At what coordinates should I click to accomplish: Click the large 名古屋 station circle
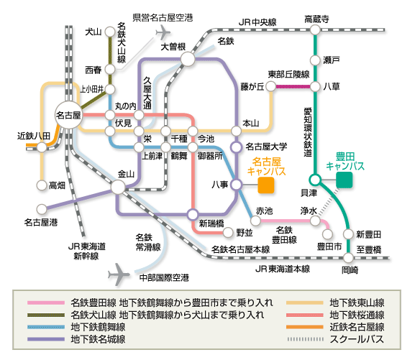click(68, 115)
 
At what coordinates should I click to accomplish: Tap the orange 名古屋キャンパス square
click(266, 185)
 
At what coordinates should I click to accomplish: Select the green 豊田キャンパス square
click(344, 180)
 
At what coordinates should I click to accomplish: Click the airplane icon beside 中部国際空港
click(119, 274)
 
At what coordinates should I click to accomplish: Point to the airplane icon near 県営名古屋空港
click(163, 32)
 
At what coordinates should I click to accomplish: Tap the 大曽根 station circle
click(188, 59)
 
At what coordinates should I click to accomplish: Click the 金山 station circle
click(118, 187)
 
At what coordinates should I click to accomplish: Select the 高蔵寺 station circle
click(315, 29)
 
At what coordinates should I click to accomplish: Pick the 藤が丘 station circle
click(270, 86)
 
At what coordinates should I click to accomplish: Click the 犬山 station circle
click(110, 32)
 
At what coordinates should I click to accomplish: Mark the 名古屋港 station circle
click(42, 209)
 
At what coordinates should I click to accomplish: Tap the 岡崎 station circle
click(348, 257)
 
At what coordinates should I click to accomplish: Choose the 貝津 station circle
click(315, 180)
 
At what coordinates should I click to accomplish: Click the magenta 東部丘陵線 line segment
click(293, 86)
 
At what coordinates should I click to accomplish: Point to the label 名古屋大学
click(266, 147)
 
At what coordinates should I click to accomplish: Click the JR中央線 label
click(257, 22)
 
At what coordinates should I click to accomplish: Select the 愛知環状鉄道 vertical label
click(308, 132)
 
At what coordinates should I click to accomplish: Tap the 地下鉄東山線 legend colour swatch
click(305, 303)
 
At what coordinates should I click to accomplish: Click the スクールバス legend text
click(357, 339)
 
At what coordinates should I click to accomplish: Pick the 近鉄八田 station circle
click(42, 147)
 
